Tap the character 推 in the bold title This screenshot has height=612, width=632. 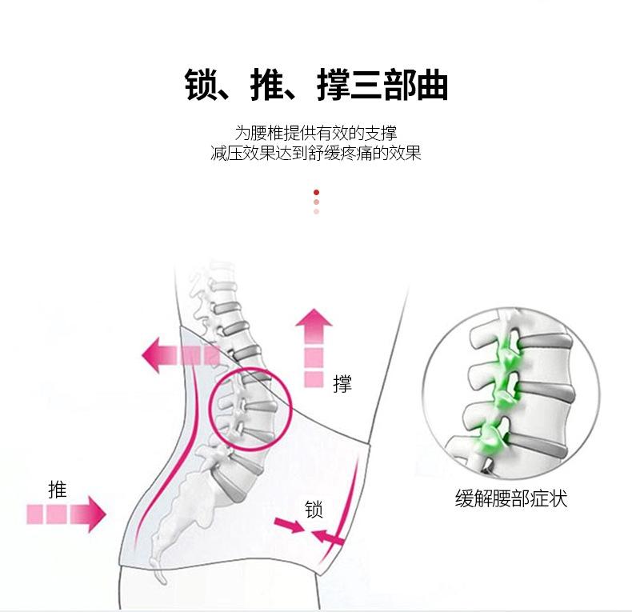(266, 86)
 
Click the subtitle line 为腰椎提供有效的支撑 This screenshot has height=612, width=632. (316, 133)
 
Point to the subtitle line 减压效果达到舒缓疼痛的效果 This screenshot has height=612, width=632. (316, 153)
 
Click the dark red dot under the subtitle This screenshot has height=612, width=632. (317, 192)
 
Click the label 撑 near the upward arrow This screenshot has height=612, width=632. (342, 384)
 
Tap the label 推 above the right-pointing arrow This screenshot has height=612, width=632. (57, 489)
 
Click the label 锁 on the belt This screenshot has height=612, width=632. (314, 509)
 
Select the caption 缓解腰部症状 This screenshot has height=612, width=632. (510, 499)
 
